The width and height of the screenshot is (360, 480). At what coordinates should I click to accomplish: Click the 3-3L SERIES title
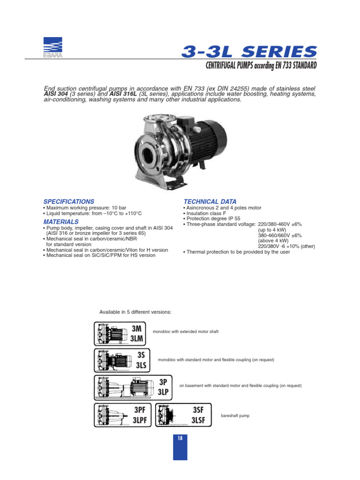pyautogui.click(x=249, y=51)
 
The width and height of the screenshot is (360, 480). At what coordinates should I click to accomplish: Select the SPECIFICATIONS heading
pyautogui.click(x=68, y=202)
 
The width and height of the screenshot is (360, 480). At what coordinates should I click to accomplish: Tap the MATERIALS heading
pyautogui.click(x=61, y=222)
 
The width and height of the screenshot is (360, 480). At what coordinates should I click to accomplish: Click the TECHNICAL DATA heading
pyautogui.click(x=210, y=202)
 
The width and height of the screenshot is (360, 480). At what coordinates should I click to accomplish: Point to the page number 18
pyautogui.click(x=180, y=438)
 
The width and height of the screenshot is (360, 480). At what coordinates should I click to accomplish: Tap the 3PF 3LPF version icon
pyautogui.click(x=122, y=415)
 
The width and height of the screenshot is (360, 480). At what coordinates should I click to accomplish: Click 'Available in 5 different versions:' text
pyautogui.click(x=135, y=312)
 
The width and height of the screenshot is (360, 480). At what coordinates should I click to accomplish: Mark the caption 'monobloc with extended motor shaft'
pyautogui.click(x=186, y=332)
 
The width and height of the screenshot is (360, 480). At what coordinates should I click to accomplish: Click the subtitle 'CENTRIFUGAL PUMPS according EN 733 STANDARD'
pyautogui.click(x=261, y=65)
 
